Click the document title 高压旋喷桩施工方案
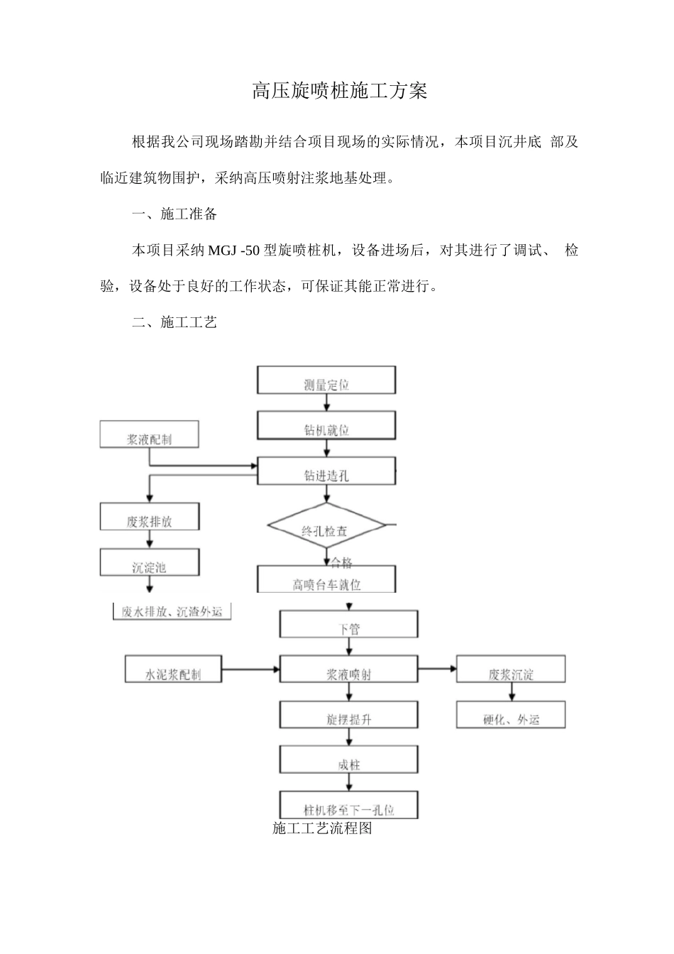pyautogui.click(x=340, y=92)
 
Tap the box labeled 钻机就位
pyautogui.click(x=326, y=427)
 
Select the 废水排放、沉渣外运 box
pyautogui.click(x=172, y=611)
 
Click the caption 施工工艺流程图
pyautogui.click(x=322, y=828)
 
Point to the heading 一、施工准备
pyautogui.click(x=175, y=214)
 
